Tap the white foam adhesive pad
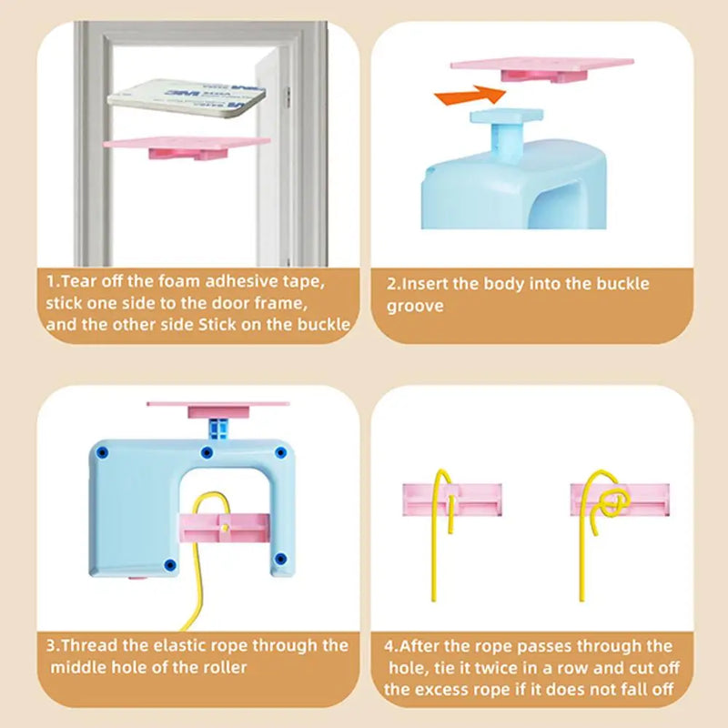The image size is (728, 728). pos(187,98)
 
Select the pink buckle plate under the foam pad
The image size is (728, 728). pos(187,147)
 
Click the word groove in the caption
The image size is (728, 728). pos(415,307)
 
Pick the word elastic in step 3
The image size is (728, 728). pos(179,646)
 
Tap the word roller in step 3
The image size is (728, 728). pos(225,668)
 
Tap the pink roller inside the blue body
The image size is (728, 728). pos(224,528)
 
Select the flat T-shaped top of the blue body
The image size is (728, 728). pos(506,116)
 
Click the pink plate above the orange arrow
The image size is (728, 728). pos(542,70)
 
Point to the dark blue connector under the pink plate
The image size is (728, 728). pos(218,429)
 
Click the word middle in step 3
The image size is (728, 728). pos(74,668)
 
